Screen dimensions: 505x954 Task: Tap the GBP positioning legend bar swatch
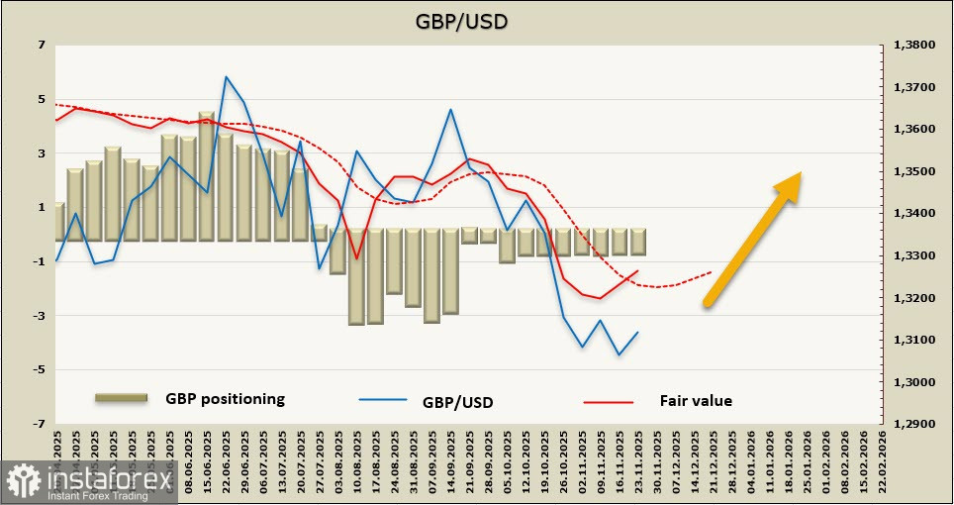pos(121,398)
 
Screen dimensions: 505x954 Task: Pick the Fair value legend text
pos(696,400)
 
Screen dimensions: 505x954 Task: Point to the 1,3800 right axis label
pos(914,46)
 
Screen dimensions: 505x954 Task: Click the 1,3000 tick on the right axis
pos(914,382)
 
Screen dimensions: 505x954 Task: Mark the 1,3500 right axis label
pos(914,172)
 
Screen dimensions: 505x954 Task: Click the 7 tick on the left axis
pos(42,46)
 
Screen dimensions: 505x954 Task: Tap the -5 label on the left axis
pos(40,370)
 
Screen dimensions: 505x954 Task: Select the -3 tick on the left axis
pos(40,316)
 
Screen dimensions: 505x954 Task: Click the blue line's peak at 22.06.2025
pos(227,76)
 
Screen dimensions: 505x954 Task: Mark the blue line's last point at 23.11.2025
pos(637,332)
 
